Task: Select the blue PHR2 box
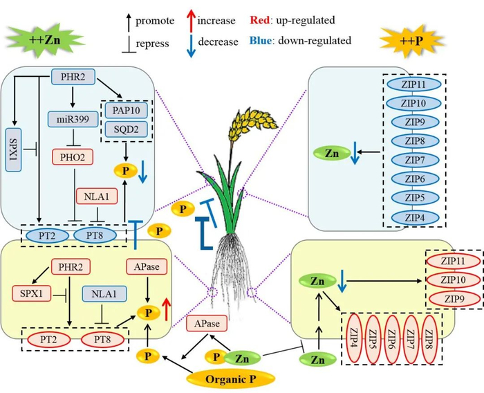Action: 73,75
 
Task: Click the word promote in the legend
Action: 155,21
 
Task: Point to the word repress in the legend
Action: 153,44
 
